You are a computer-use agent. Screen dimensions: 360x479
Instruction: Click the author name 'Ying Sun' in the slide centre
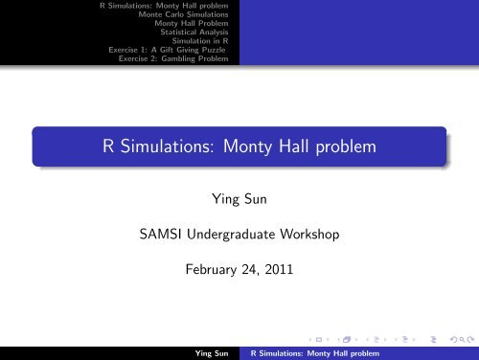click(x=239, y=201)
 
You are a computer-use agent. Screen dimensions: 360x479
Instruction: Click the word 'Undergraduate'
click(x=236, y=236)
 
